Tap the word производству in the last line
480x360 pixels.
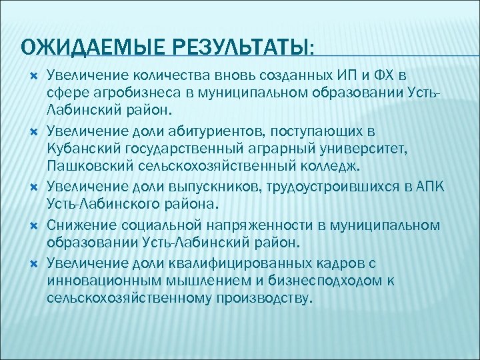(x=263, y=295)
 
